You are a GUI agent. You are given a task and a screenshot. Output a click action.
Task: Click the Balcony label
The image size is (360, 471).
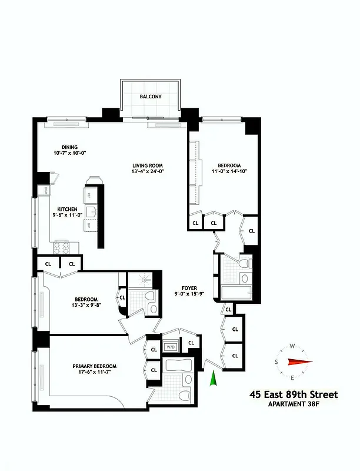pyautogui.click(x=151, y=97)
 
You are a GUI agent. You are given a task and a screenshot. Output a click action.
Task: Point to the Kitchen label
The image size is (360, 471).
pyautogui.click(x=67, y=209)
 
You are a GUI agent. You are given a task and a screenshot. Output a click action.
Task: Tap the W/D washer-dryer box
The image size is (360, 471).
pyautogui.click(x=171, y=346)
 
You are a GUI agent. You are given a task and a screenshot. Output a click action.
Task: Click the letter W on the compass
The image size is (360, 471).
pyautogui.click(x=292, y=347)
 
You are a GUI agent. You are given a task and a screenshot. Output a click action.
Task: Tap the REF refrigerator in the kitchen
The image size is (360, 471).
pyautogui.click(x=90, y=195)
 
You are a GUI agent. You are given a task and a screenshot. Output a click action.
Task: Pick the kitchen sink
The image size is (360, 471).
pyautogui.click(x=91, y=212)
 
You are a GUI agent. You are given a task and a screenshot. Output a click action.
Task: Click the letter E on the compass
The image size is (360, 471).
pyautogui.click(x=292, y=377)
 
